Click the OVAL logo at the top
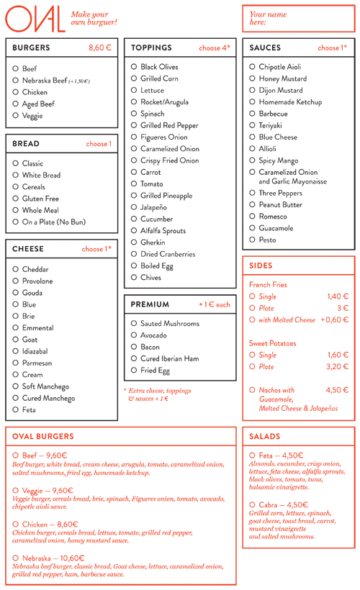[x=35, y=19]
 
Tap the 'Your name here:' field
[x=298, y=19]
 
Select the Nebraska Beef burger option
[x=16, y=81]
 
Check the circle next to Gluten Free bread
[x=16, y=199]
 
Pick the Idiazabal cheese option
[x=16, y=352]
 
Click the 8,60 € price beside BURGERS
[x=100, y=47]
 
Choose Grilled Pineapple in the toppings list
[x=134, y=196]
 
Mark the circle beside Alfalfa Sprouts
[x=134, y=231]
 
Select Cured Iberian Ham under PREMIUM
[x=134, y=359]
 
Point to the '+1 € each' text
[x=215, y=304]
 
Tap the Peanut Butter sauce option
[x=252, y=205]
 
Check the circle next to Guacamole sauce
[x=252, y=228]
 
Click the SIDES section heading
[x=261, y=265]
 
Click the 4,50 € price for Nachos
[x=337, y=390]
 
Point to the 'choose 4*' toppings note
[x=214, y=48]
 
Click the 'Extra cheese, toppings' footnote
[x=160, y=391]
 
